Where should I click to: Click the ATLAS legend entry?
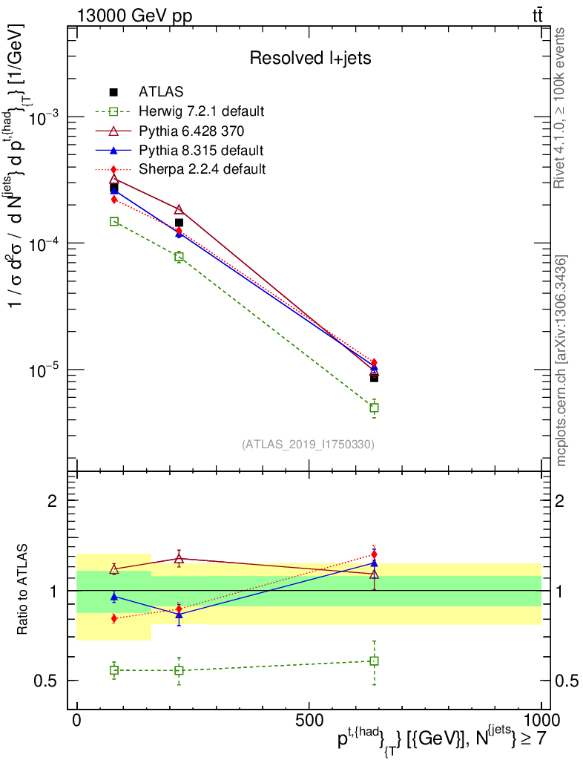162,92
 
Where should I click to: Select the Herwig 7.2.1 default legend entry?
201,112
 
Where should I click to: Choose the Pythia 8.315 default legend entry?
201,151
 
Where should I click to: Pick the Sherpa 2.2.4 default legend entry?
202,169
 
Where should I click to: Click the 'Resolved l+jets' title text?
310,57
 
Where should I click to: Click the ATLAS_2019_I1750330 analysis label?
308,445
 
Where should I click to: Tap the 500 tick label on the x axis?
309,720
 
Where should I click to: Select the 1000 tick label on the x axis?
540,720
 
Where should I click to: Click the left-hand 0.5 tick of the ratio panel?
49,681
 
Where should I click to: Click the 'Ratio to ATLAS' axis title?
24,591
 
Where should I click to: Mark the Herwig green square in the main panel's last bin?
375,407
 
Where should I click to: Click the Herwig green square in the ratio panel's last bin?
375,661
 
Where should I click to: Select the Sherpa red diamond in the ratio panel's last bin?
375,554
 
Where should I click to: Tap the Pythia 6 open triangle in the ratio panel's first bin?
114,569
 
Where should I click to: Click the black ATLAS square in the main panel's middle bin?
179,223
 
